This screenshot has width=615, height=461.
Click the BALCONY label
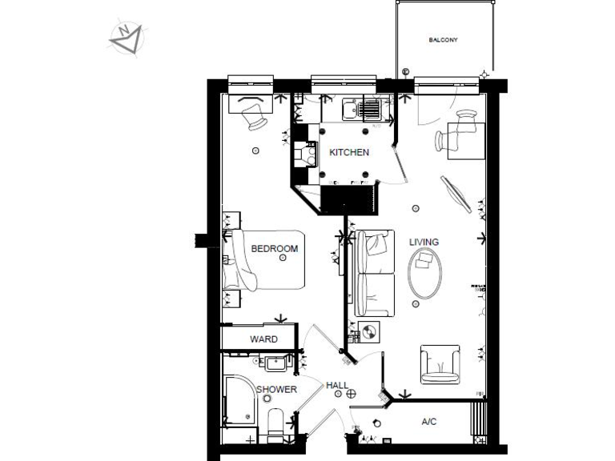pos(443,39)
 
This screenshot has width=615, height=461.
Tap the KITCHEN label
pos(349,152)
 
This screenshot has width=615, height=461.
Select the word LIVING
pos(424,242)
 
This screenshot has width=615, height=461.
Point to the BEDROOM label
pos(274,249)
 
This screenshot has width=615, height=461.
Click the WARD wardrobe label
pos(263,339)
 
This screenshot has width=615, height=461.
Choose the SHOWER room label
pos(276,390)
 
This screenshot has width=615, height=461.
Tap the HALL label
pos(337,386)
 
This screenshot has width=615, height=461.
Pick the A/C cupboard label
pos(429,421)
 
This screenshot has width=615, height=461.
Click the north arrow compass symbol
pos(126,36)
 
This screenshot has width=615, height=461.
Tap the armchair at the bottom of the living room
pos(440,364)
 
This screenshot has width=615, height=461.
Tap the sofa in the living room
pos(375,273)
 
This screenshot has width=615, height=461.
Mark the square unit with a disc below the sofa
pos(369,329)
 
